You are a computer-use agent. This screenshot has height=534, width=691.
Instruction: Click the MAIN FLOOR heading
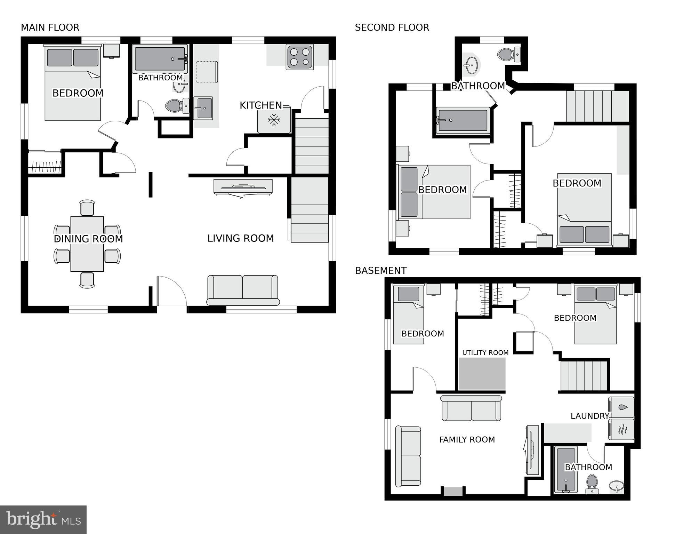coord(50,27)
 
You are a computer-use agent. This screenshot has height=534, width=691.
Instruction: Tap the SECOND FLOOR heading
coord(392,27)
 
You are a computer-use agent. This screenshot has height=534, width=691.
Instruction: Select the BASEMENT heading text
coord(381,271)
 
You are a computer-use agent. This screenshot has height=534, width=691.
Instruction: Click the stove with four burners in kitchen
coord(300,57)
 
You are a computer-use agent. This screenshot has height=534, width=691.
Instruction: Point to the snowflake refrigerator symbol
coord(274,120)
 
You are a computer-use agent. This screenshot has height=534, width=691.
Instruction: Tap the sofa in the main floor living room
coord(243,290)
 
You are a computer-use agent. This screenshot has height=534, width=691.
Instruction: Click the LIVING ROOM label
coord(241,238)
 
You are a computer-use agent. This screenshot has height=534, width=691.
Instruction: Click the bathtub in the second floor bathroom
coord(463,120)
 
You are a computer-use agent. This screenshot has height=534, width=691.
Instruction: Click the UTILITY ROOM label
coord(485,353)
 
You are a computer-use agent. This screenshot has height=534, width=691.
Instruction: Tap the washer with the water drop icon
coord(621,407)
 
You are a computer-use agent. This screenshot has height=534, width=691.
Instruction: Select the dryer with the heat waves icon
coord(621,430)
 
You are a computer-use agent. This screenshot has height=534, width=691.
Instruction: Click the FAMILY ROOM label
coord(467,440)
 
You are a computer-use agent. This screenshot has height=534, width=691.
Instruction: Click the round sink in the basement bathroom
coord(616,486)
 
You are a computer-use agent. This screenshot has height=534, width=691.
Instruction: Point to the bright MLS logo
coord(43,520)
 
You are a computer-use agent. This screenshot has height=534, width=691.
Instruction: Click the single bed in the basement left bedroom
coord(408,315)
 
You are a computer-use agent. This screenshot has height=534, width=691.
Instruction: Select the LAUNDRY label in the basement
coord(589,416)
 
